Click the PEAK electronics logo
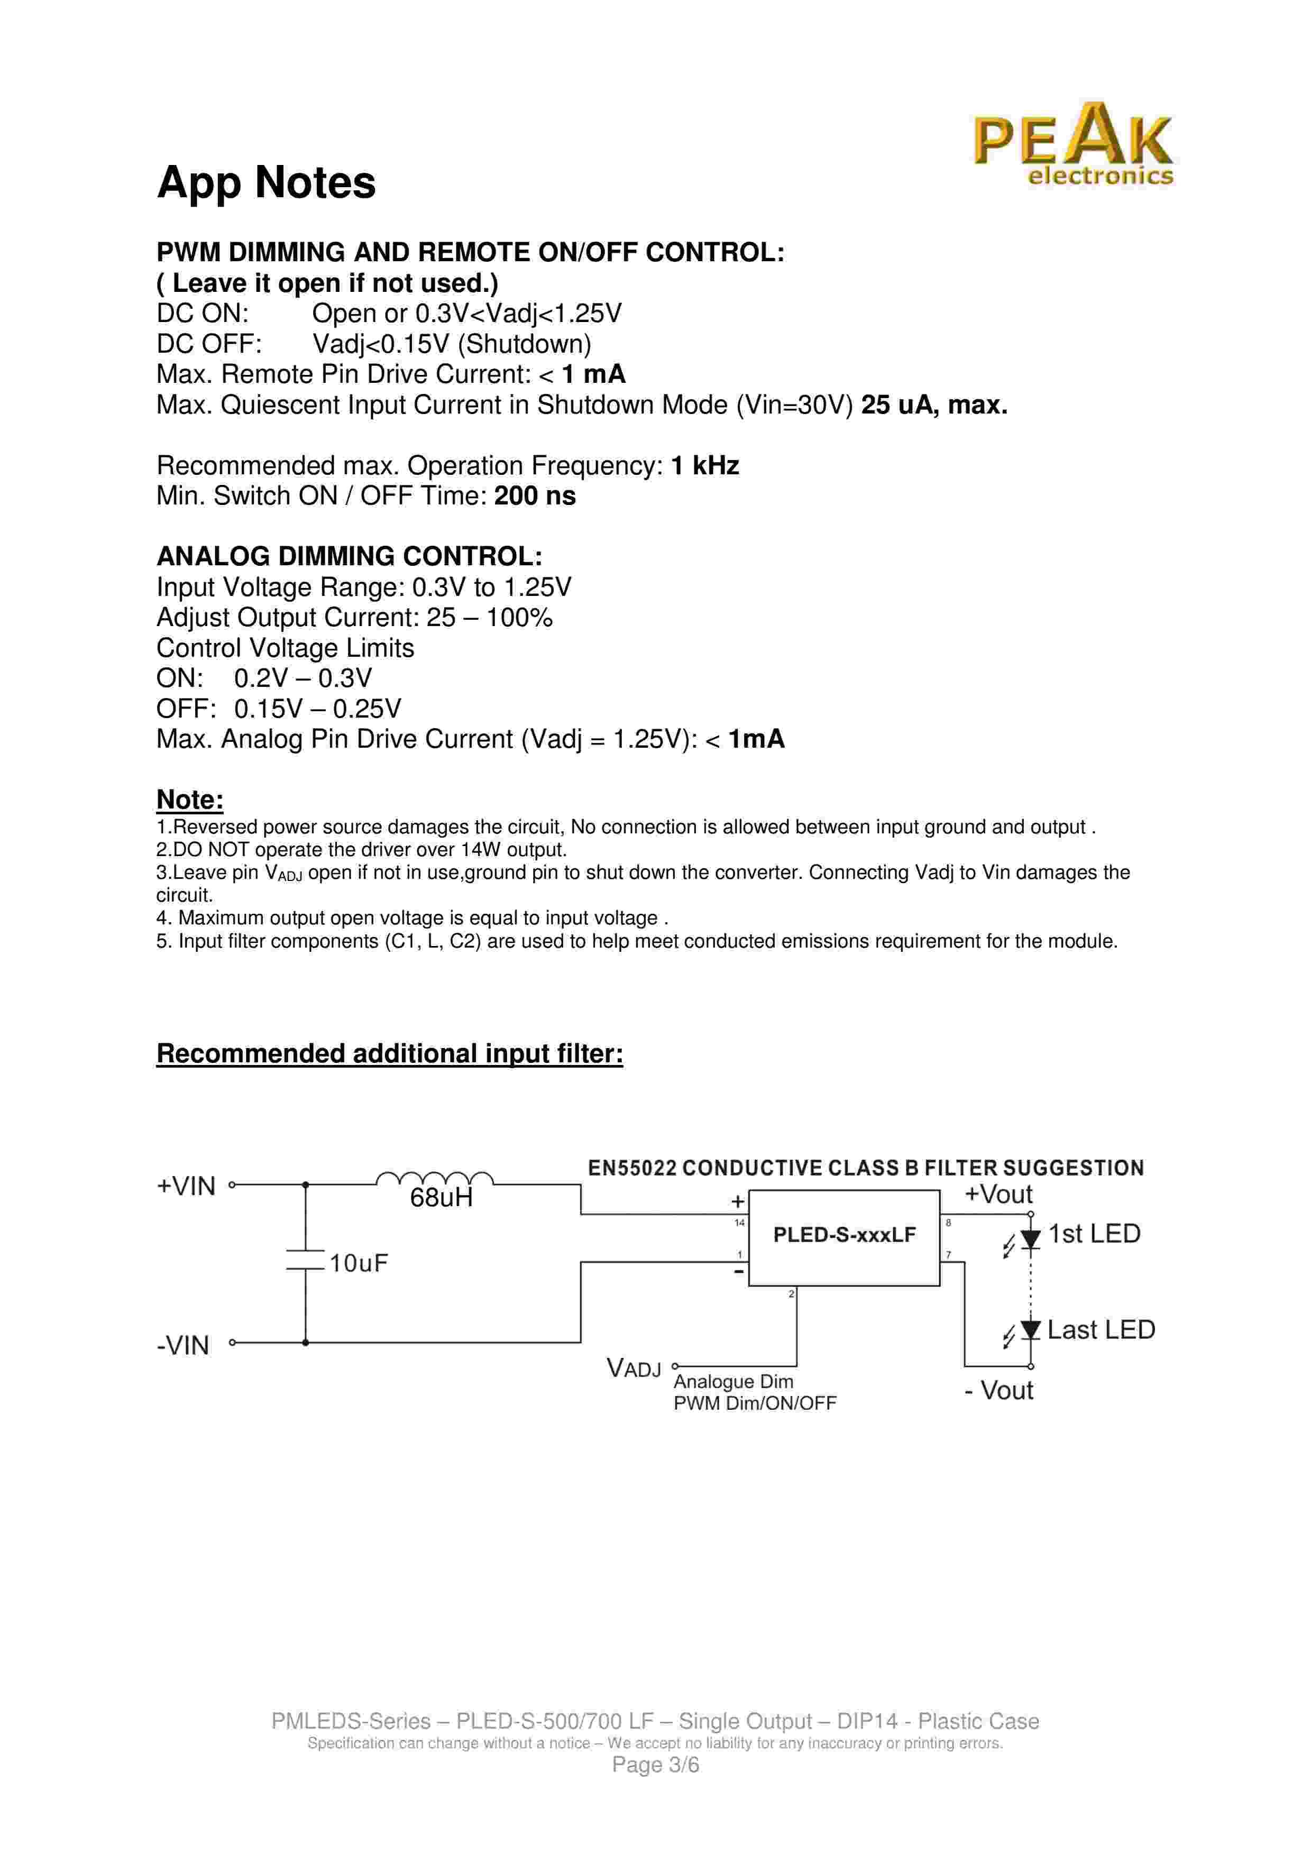click(x=1072, y=145)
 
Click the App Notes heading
click(x=266, y=182)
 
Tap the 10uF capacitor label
click(x=358, y=1263)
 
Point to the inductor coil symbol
click(x=435, y=1179)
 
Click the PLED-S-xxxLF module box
click(x=844, y=1236)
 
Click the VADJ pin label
click(x=633, y=1369)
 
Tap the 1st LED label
click(x=1094, y=1234)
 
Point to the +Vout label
click(x=998, y=1194)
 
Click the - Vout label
click(x=998, y=1390)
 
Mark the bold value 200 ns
click(x=535, y=496)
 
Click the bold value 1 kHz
click(x=704, y=466)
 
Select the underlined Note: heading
click(x=190, y=800)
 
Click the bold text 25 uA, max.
click(x=934, y=405)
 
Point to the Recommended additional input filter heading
click(x=389, y=1053)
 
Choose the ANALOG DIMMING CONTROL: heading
click(x=349, y=557)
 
